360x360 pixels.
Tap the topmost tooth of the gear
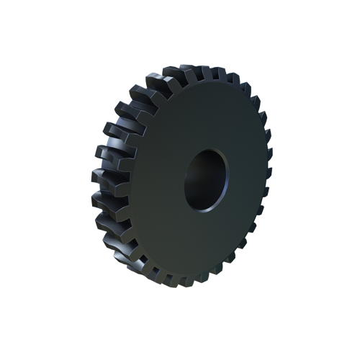point(193,71)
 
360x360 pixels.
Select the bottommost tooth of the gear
point(189,280)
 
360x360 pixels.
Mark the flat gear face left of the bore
point(155,180)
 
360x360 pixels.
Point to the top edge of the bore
point(210,149)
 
